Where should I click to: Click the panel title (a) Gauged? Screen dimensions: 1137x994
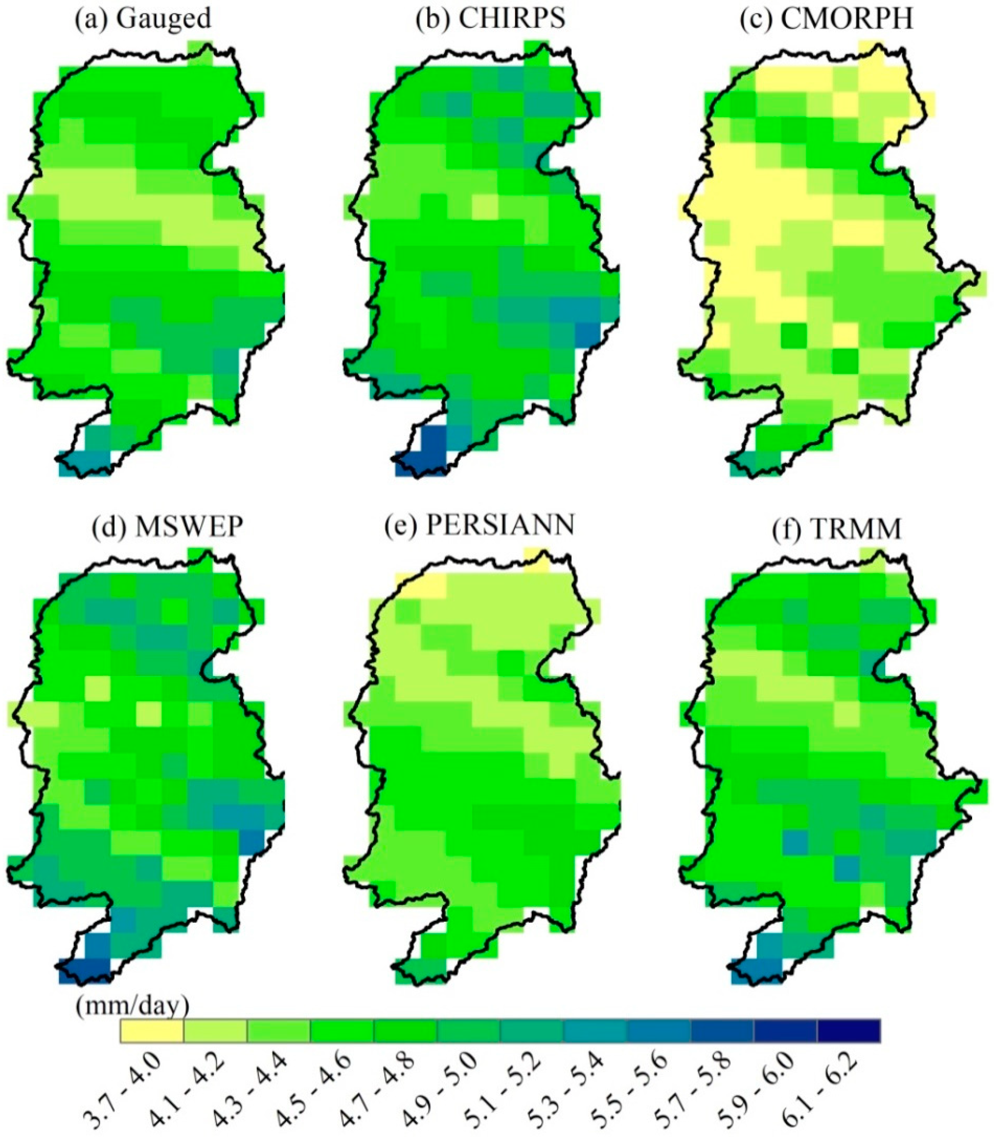[143, 19]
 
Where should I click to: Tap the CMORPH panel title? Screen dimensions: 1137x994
[827, 19]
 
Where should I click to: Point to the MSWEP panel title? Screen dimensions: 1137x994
[167, 527]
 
